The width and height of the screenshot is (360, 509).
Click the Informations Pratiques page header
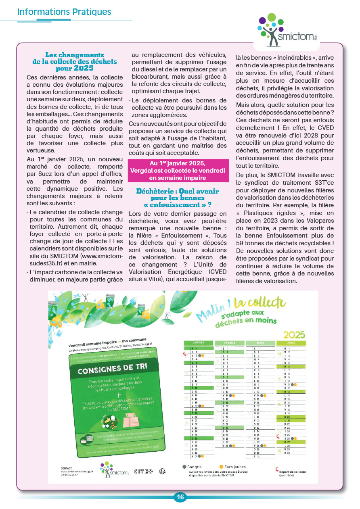pos(64,12)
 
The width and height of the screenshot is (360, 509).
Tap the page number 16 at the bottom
pos(180,497)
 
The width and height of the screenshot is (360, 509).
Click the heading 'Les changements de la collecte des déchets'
pos(75,61)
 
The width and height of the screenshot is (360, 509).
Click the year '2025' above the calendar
pos(295,334)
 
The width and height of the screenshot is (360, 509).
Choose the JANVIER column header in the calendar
pos(199,343)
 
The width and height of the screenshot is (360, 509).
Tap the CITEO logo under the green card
pos(143,471)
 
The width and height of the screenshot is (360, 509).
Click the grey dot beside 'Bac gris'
pos(184,467)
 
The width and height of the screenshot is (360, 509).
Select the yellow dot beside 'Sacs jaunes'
pos(221,467)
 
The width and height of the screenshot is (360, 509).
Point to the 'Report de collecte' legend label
pos(293,471)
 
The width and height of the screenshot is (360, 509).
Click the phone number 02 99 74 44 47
pos(69,474)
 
